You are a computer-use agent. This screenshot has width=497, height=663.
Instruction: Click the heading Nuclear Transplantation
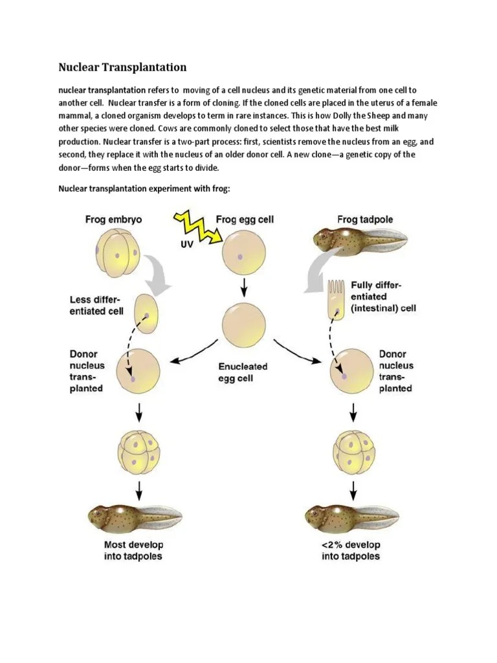pos(122,67)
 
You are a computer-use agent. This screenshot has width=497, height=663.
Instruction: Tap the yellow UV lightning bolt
pos(193,227)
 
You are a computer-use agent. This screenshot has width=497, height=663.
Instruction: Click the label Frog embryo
pos(113,219)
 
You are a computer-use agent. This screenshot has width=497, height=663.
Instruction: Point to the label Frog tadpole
pos(366,219)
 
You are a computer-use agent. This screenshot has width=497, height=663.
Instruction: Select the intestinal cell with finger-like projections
pos(337,299)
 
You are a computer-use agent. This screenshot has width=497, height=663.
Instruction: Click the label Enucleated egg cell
pos(243,372)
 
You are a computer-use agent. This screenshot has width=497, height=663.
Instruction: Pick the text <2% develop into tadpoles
pos(351,550)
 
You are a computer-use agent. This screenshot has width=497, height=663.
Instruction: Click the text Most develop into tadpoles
pos(133,550)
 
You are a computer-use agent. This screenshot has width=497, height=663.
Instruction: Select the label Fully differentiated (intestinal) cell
pos(383,297)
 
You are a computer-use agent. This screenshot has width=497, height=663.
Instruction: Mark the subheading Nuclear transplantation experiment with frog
pos(144,188)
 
